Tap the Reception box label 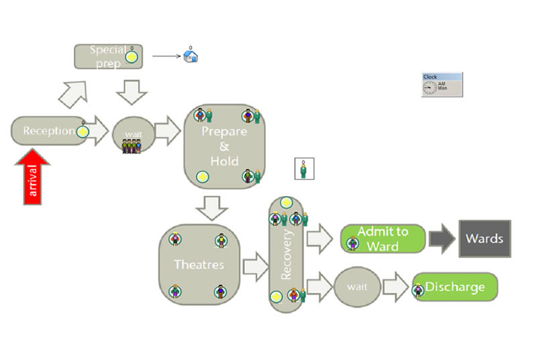click(x=48, y=130)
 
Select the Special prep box click(x=107, y=56)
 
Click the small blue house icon click(x=191, y=56)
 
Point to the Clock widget click(x=442, y=85)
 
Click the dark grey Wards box click(x=485, y=238)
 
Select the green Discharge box click(x=455, y=287)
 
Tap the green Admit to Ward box click(x=383, y=238)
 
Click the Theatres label click(x=199, y=265)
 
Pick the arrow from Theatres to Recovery click(x=254, y=267)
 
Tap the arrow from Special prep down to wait click(x=132, y=91)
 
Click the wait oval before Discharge click(x=358, y=287)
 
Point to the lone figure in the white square click(x=305, y=169)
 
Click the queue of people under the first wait click(x=132, y=147)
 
